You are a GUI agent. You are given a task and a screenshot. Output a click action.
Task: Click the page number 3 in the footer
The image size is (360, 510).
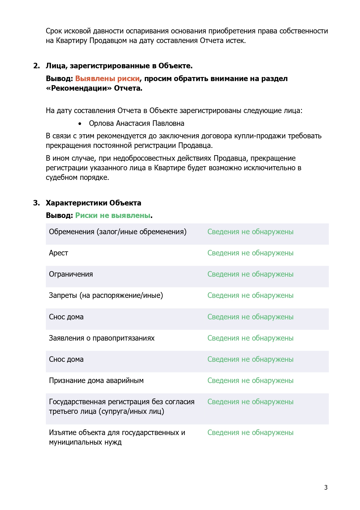point(326,487)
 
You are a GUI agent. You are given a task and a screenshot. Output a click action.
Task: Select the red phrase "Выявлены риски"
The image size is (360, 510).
point(107,78)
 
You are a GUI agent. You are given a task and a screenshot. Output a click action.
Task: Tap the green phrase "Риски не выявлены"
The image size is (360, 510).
point(113,215)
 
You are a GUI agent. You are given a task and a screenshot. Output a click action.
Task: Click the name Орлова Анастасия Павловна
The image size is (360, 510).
point(136,123)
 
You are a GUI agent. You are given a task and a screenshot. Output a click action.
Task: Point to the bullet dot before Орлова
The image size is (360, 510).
point(80,124)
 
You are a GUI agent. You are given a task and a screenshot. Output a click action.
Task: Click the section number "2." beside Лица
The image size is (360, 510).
point(37,66)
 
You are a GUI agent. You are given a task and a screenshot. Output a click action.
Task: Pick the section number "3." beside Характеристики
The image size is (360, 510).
point(37,203)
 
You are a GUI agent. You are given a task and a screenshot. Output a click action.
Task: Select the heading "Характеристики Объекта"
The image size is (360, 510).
point(93,203)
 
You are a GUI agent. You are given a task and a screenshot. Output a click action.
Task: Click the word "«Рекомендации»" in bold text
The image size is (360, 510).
point(79,88)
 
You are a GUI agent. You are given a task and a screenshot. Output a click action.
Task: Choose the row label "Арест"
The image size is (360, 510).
point(58,253)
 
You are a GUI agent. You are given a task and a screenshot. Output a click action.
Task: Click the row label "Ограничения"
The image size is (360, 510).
point(71,274)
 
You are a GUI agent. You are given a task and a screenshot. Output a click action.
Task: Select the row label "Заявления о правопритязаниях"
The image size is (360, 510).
point(102,338)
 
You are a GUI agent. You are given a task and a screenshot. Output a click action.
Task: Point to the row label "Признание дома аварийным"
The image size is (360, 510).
point(96,380)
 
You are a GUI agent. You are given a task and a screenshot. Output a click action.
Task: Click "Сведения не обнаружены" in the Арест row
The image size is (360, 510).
point(250,253)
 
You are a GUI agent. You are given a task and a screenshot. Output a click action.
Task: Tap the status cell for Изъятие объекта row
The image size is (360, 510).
point(250,432)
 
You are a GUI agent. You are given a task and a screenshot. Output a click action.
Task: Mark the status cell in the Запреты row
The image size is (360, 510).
point(250,295)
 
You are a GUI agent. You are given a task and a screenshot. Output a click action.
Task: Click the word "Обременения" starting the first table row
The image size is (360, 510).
point(72,232)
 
